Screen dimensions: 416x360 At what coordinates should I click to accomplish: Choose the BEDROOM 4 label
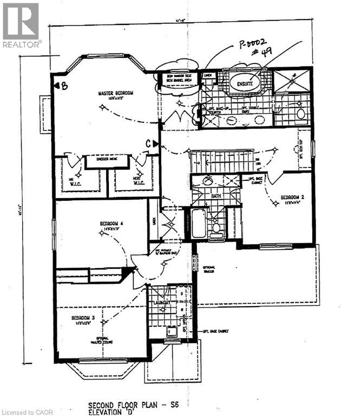click(112, 223)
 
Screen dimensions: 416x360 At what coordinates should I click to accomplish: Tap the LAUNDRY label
click(161, 302)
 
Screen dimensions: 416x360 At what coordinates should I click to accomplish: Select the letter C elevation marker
click(153, 143)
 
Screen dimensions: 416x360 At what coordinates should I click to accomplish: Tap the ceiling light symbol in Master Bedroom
click(102, 107)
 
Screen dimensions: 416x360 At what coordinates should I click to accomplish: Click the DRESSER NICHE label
click(106, 160)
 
